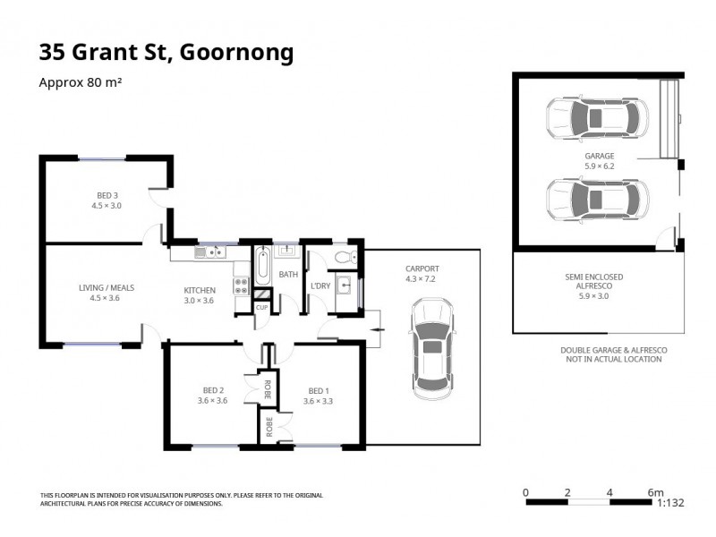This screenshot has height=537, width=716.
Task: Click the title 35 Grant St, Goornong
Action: [166, 53]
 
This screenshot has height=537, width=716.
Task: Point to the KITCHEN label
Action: [199, 295]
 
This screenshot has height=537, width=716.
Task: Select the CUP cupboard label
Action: [261, 307]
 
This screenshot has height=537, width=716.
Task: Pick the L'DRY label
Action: [320, 286]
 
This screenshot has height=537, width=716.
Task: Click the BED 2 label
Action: [213, 396]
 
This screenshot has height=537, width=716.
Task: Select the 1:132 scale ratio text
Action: [669, 503]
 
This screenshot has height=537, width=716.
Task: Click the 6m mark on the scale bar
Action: [655, 491]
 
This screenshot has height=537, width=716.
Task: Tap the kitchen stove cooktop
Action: [241, 286]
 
